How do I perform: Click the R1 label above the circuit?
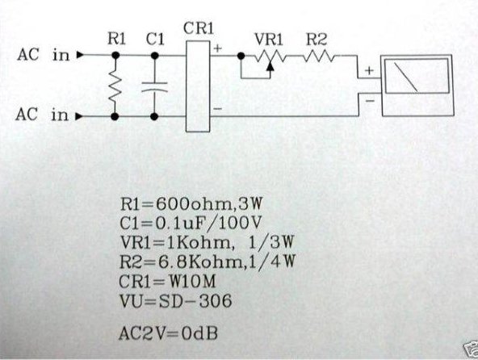click(116, 40)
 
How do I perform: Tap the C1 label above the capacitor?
click(155, 40)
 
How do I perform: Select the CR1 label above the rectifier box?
click(199, 28)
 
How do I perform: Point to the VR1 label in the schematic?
click(269, 40)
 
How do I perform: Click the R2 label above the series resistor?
click(317, 40)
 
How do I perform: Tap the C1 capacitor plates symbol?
click(154, 87)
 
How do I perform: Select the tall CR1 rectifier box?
click(198, 86)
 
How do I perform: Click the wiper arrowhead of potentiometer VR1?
click(270, 66)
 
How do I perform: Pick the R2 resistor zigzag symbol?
click(319, 56)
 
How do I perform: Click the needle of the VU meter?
click(406, 77)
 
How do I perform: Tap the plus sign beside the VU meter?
click(369, 71)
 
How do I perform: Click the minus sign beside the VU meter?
click(370, 100)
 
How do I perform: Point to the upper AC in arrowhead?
click(80, 55)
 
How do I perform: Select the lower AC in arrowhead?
click(79, 116)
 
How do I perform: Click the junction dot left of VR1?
click(241, 56)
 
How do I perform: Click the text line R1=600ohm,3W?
click(191, 204)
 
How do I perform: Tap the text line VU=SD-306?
click(175, 301)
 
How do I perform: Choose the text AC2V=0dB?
click(168, 333)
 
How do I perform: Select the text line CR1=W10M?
click(167, 282)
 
